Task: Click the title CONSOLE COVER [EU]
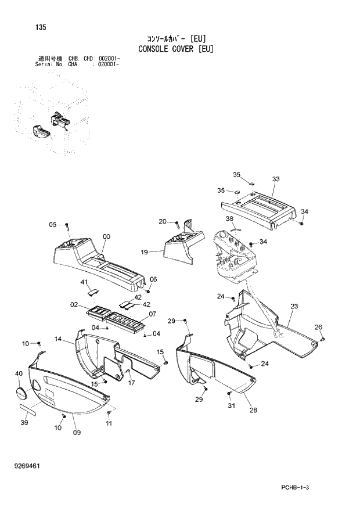point(176,49)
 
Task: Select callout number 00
point(106,236)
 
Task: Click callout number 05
point(52,225)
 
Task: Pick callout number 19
point(144,252)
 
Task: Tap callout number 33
point(275,179)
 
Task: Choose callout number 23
point(294,306)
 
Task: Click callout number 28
point(253,411)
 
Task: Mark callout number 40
point(19,373)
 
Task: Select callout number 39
point(24,422)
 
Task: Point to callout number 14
point(59,339)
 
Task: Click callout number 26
point(318,327)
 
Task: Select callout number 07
point(153,314)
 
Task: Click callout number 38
point(229,219)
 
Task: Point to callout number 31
point(231,405)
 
